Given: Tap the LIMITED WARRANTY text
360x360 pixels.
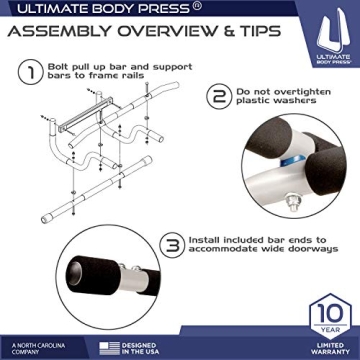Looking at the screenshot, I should point(318,346).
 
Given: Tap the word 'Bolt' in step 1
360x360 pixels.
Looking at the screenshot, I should point(62,67).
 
